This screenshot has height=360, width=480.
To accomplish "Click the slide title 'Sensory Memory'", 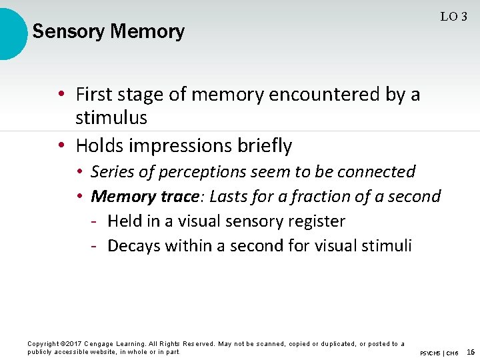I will click(x=108, y=31).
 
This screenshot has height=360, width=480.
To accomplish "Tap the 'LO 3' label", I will click(x=453, y=17).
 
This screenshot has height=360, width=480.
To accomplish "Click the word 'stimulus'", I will click(x=111, y=118).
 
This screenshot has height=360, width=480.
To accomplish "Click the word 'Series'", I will click(x=111, y=171).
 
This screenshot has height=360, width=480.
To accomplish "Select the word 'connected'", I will click(x=376, y=171).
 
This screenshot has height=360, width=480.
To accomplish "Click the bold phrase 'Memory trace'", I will click(x=144, y=196).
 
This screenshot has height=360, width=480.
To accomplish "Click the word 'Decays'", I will click(x=134, y=245).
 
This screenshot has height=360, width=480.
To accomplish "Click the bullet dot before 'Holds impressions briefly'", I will click(x=61, y=145).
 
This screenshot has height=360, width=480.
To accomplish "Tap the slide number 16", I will click(x=471, y=351).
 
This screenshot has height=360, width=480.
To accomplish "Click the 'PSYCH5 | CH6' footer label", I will click(x=439, y=352).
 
